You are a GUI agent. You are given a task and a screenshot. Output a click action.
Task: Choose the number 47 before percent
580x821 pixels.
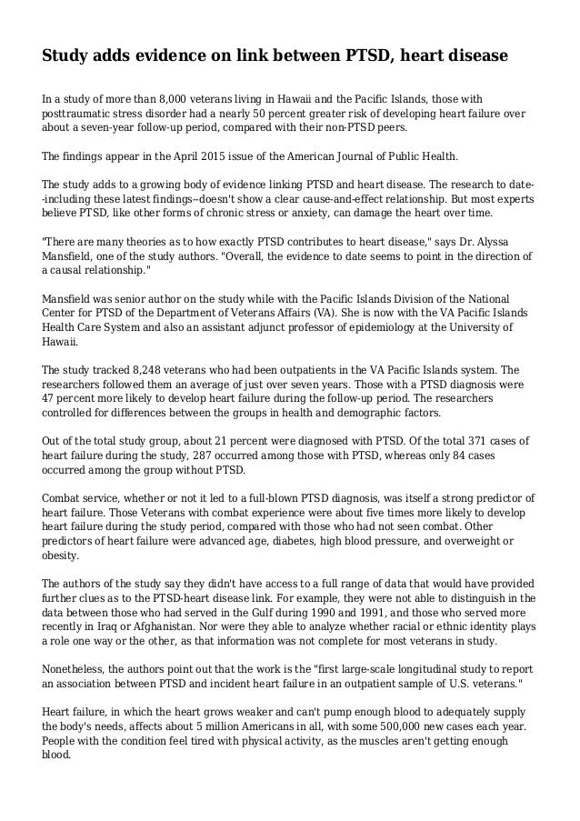click(50, 399)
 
